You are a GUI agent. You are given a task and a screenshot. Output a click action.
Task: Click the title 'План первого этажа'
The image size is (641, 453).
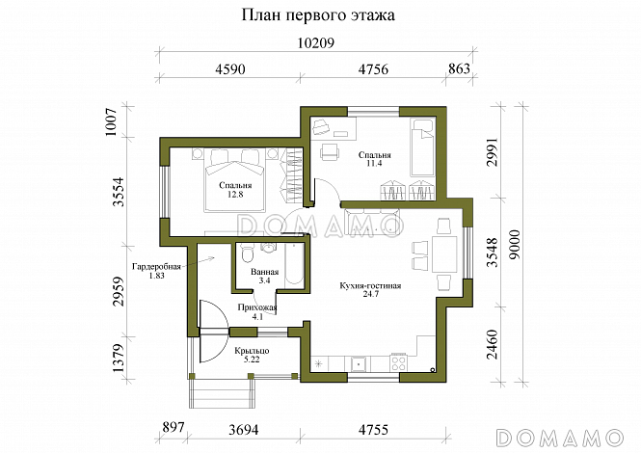pyautogui.click(x=319, y=16)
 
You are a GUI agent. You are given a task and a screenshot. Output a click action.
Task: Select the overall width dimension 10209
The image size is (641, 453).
pyautogui.click(x=315, y=43)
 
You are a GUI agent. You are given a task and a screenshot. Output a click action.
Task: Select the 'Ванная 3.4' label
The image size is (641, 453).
pyautogui.click(x=264, y=277)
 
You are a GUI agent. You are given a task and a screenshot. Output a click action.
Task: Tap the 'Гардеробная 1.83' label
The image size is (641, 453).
pyautogui.click(x=154, y=272)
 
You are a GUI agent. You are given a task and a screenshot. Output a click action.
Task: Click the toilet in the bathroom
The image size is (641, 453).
pyautogui.click(x=247, y=254)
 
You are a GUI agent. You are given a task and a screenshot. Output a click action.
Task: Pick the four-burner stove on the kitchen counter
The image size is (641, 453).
pyautogui.click(x=397, y=363)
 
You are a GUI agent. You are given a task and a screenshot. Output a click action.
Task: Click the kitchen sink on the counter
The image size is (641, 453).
pyautogui.click(x=357, y=363)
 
